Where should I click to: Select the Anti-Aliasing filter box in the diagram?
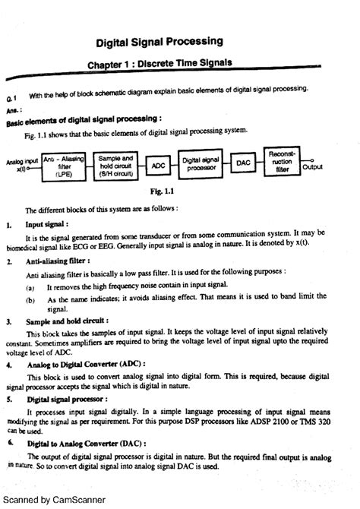(x=63, y=165)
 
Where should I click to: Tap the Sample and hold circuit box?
(x=116, y=165)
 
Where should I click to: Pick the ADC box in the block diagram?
(x=158, y=165)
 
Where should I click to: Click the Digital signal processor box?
(x=201, y=165)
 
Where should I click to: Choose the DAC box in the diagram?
(x=243, y=164)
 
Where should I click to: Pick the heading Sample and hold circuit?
(x=66, y=322)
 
